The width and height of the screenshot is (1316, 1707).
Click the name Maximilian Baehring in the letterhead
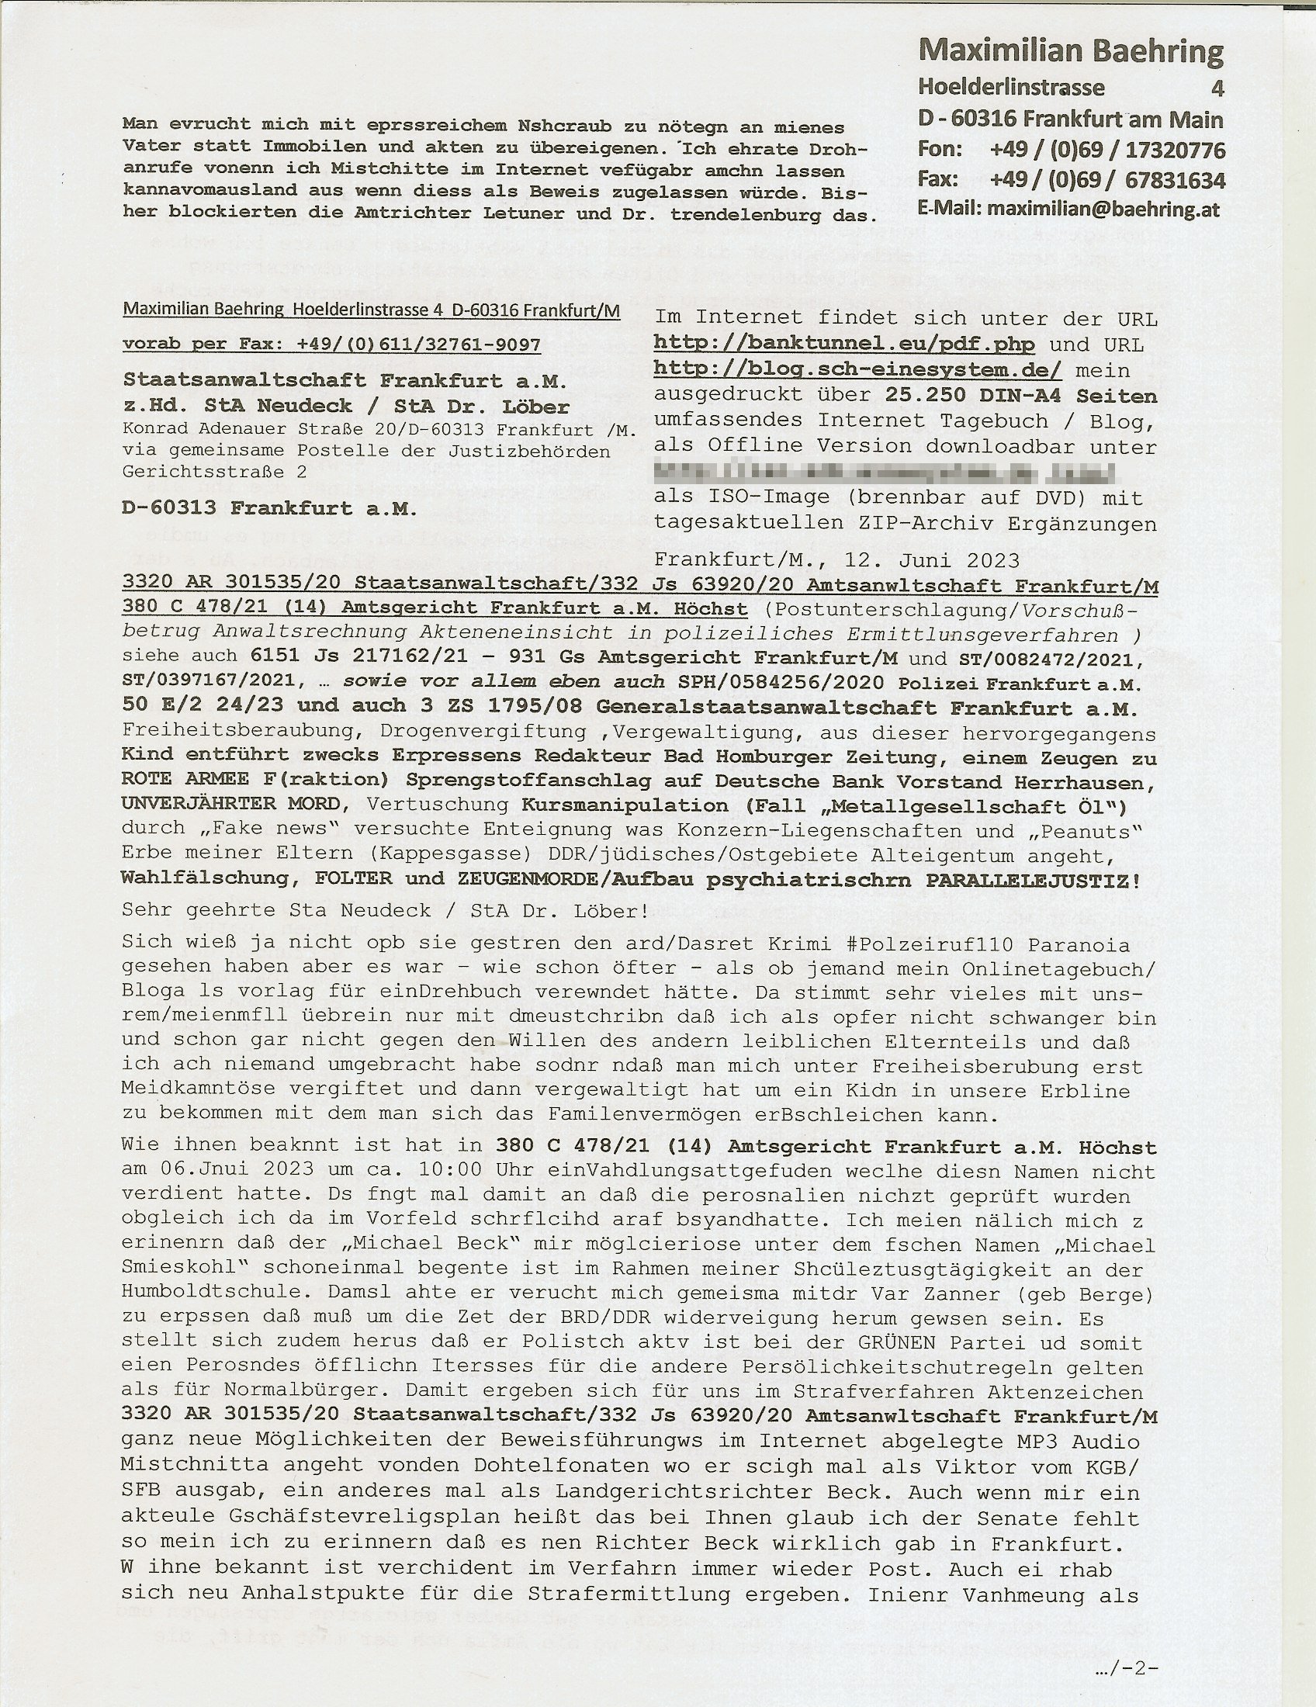pos(1071,51)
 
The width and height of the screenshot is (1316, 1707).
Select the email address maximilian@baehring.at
pos(1103,209)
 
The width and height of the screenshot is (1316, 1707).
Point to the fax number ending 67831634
pos(1176,180)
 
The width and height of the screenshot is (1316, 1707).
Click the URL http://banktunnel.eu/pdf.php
pos(844,344)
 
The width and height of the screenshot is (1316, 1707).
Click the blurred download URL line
pos(883,472)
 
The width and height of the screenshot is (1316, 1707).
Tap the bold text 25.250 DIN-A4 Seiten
pos(1020,396)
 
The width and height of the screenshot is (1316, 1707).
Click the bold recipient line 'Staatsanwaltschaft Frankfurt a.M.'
pos(345,381)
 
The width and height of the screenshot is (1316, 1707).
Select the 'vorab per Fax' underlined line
pos(331,345)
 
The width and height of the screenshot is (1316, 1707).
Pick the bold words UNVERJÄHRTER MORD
pos(230,804)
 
